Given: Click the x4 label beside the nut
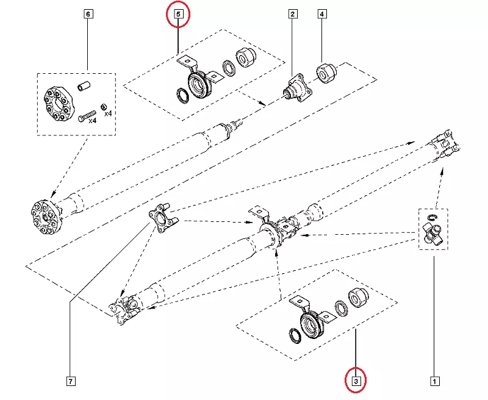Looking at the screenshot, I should tap(107, 113).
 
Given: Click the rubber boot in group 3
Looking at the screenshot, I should tap(358, 298).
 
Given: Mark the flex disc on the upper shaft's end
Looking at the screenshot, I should tap(46, 216).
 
